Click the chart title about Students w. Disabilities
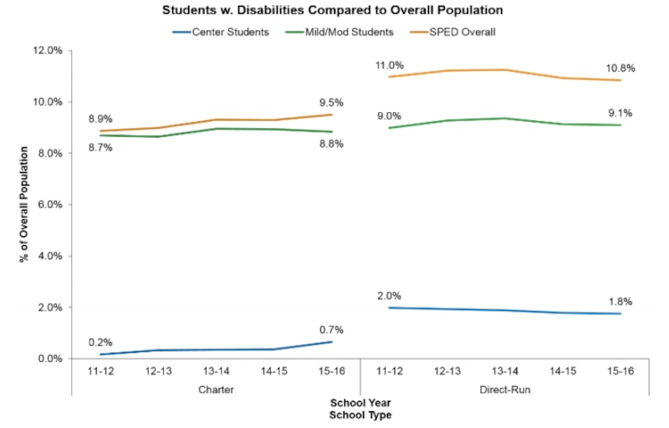click(334, 13)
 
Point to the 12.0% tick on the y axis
click(46, 51)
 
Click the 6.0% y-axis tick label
click(49, 205)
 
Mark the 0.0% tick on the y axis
click(49, 359)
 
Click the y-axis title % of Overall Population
click(25, 205)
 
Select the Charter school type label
click(216, 390)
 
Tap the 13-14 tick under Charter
click(216, 372)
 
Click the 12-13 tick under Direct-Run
click(447, 372)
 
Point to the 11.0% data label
click(390, 65)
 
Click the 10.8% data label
click(620, 68)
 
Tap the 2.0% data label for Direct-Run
click(390, 295)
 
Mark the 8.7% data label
click(101, 147)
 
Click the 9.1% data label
click(620, 113)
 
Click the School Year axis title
click(360, 403)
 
